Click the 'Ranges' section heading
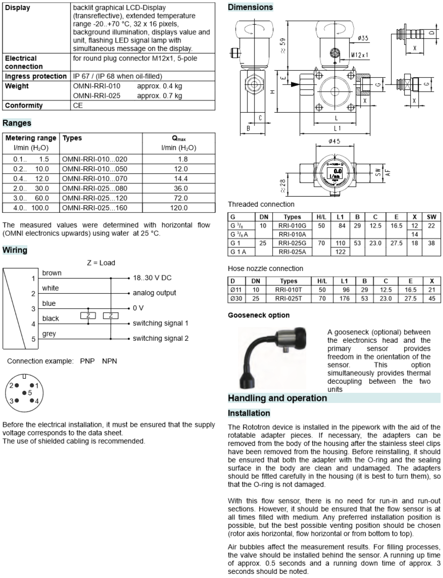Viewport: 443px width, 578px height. pyautogui.click(x=17, y=122)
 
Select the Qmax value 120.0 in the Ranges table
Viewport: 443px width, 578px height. pyautogui.click(x=179, y=207)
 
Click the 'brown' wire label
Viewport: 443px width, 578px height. pyautogui.click(x=52, y=273)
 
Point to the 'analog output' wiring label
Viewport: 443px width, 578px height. pyautogui.click(x=154, y=293)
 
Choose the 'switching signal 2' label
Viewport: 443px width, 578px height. pyautogui.click(x=160, y=338)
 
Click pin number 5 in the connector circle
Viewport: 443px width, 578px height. pyautogui.click(x=30, y=392)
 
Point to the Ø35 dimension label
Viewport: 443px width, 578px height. pyautogui.click(x=362, y=37)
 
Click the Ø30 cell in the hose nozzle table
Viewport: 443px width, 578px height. pyautogui.click(x=236, y=298)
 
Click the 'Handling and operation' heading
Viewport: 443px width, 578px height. pyautogui.click(x=277, y=398)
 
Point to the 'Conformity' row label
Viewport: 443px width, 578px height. pyautogui.click(x=24, y=106)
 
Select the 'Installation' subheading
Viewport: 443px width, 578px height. pyautogui.click(x=249, y=413)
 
